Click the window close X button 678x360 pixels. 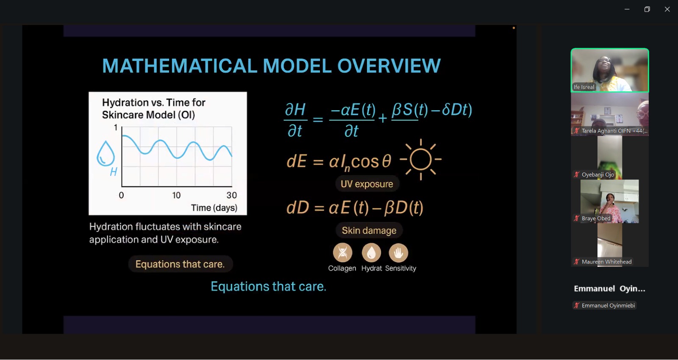[x=667, y=9]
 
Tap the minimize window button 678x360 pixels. [x=627, y=9]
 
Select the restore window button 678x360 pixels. [x=647, y=9]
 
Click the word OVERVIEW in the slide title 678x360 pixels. [x=389, y=66]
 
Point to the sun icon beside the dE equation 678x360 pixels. [x=420, y=159]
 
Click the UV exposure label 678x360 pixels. [x=367, y=184]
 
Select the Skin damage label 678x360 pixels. [x=369, y=230]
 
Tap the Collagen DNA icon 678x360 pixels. [x=342, y=252]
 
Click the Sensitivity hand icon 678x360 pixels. [x=398, y=252]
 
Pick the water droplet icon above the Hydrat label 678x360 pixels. [x=371, y=252]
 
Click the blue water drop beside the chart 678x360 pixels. [x=106, y=153]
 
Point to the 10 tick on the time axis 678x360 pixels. [x=176, y=195]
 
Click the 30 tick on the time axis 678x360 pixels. [x=232, y=195]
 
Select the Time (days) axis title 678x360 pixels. [x=214, y=208]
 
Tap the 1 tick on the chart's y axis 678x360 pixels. [x=115, y=127]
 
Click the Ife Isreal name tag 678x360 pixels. [x=584, y=87]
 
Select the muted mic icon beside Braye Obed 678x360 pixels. [x=577, y=219]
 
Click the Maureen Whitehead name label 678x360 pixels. [x=606, y=262]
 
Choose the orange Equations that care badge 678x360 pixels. [x=180, y=264]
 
